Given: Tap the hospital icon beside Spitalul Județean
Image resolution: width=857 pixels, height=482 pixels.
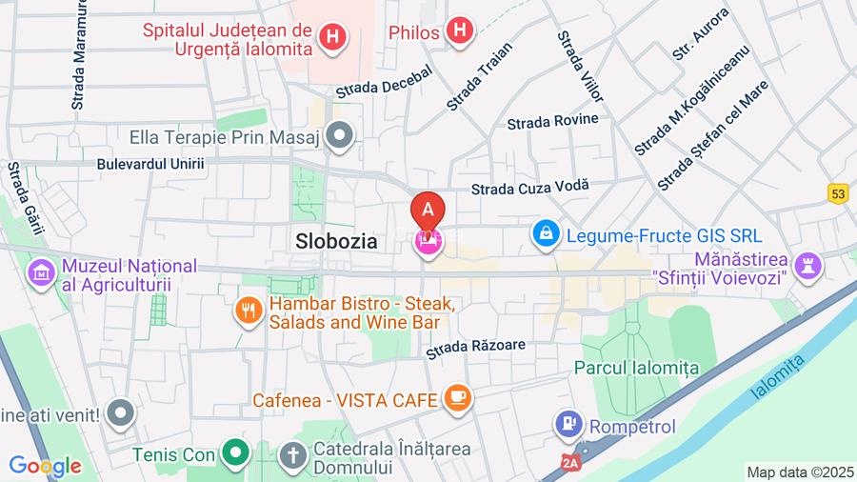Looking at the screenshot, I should (x=332, y=37).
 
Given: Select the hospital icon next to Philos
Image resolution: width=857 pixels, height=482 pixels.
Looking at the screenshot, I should (x=460, y=31).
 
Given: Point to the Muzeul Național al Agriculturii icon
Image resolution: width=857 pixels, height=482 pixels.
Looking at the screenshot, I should (x=41, y=274).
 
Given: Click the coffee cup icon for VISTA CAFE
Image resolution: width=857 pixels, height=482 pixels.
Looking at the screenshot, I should (x=458, y=398).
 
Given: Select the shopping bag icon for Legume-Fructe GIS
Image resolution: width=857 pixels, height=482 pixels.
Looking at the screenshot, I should (x=546, y=232).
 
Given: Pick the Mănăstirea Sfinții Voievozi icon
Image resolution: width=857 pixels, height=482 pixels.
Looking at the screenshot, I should (x=808, y=268).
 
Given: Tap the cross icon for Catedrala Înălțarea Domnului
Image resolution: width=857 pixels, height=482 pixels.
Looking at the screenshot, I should (x=292, y=456).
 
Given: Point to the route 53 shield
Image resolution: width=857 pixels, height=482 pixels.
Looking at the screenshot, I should (x=837, y=193).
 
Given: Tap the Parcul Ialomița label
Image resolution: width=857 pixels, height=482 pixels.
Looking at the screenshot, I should (x=636, y=368).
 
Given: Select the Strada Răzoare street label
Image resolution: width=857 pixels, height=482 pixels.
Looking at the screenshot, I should (x=475, y=349).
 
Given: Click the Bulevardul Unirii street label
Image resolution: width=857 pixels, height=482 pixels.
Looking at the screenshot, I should (x=150, y=164).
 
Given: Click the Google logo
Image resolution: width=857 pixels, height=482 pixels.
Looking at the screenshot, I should (x=45, y=466).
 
